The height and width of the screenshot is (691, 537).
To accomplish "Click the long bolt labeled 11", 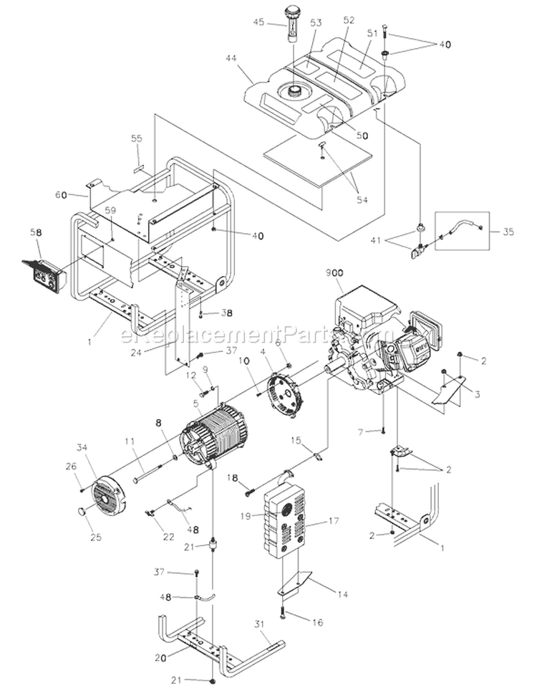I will [x=154, y=471].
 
